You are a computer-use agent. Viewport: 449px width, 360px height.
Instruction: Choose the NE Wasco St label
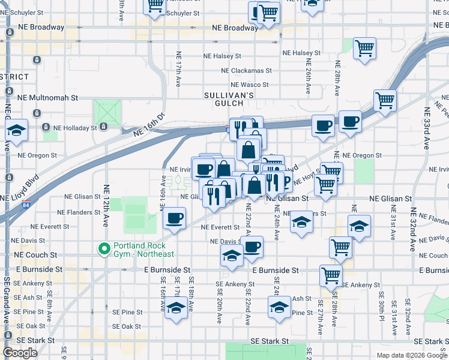(250, 85)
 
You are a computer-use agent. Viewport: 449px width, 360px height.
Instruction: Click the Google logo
(20, 353)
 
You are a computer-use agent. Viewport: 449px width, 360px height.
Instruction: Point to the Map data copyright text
(412, 355)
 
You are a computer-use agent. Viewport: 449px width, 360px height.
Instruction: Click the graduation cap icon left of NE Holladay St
(17, 130)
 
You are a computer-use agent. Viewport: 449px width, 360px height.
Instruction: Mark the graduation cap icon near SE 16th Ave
(175, 310)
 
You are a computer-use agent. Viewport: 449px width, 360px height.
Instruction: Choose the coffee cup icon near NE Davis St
(253, 246)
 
